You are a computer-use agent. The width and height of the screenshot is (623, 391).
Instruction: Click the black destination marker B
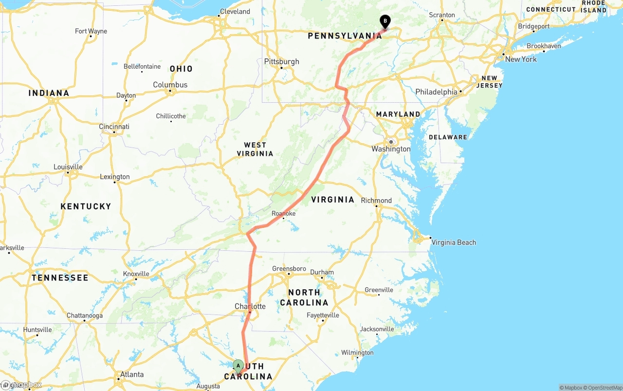[x=385, y=21]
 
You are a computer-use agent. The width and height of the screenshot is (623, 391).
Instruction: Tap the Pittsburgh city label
[x=281, y=62]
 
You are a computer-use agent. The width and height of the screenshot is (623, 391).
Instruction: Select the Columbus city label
[x=170, y=85]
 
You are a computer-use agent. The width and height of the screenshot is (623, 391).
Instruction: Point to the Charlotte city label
[x=250, y=306]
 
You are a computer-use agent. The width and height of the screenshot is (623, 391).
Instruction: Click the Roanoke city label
[x=283, y=213]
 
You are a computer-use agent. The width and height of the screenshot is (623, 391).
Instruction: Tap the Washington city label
[x=391, y=149]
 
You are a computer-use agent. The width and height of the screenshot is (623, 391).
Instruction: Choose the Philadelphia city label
[x=436, y=92]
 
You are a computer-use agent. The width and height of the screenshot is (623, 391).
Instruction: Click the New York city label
[x=521, y=59]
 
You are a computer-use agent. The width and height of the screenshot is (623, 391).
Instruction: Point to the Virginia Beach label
[x=454, y=242]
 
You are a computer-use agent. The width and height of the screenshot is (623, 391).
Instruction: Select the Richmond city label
[x=376, y=201]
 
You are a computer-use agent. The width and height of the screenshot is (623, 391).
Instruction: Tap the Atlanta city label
[x=132, y=374]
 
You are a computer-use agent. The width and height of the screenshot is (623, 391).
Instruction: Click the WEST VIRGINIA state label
[x=255, y=149]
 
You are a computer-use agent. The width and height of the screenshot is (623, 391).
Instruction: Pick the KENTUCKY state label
[x=86, y=206]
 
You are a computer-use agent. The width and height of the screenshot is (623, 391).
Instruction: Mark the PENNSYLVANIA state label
[x=345, y=36]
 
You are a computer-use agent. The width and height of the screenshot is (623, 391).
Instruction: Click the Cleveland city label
[x=235, y=12]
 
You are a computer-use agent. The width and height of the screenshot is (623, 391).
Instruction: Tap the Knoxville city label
[x=136, y=274]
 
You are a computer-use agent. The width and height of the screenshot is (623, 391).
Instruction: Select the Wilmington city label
[x=357, y=353]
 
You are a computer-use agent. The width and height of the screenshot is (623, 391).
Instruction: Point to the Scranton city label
[x=441, y=15]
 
